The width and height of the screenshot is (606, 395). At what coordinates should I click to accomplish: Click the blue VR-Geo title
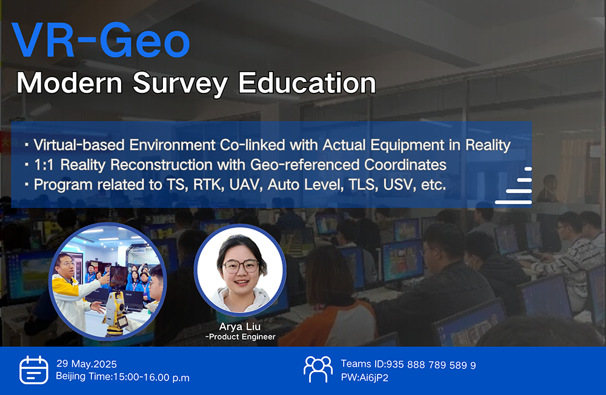click(101, 40)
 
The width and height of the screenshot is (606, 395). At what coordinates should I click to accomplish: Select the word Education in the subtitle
click(307, 83)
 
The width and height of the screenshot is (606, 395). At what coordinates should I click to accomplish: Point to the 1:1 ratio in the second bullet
click(44, 165)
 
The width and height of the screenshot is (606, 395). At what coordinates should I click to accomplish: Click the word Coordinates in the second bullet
click(405, 165)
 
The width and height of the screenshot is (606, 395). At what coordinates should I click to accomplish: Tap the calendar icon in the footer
click(34, 370)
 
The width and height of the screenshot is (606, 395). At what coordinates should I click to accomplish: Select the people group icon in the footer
click(318, 369)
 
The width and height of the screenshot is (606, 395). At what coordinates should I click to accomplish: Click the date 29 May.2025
click(87, 364)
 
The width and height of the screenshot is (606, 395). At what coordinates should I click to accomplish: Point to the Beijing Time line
click(122, 377)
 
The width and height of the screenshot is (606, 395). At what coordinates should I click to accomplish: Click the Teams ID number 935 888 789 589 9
click(431, 365)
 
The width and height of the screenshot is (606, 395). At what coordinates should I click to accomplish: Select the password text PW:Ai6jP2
click(364, 377)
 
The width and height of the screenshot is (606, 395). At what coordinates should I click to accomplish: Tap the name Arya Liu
click(239, 326)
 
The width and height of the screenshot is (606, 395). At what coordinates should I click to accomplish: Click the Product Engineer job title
click(241, 337)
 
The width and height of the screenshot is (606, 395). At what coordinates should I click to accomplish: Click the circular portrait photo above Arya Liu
click(240, 269)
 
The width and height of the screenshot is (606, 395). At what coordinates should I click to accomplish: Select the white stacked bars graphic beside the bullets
click(514, 185)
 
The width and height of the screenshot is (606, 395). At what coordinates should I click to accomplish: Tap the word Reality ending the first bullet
click(488, 145)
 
